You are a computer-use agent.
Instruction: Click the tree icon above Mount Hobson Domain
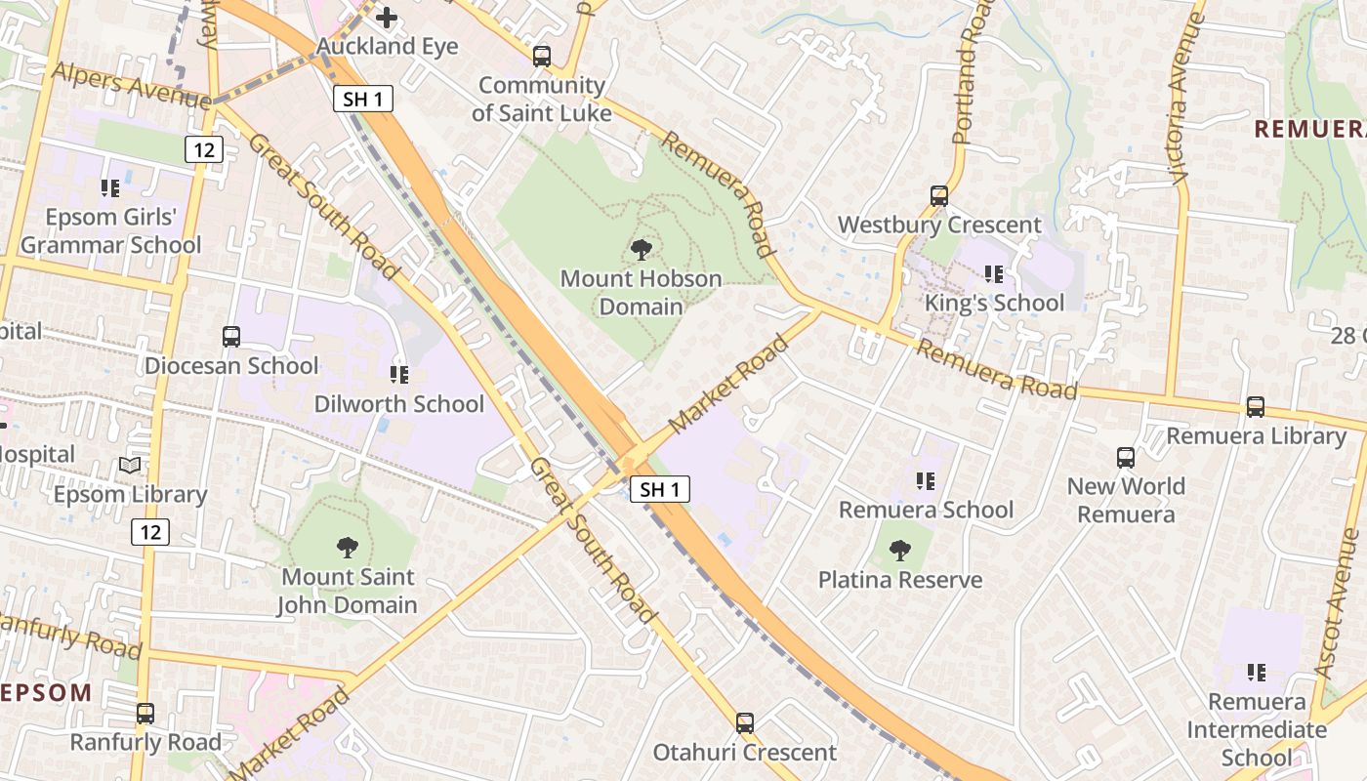[x=642, y=250]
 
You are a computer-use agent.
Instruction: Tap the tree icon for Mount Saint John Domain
[x=347, y=548]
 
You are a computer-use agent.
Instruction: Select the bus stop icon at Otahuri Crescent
[x=745, y=723]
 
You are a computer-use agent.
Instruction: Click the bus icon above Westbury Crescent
[x=939, y=196]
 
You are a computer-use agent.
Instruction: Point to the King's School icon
[x=994, y=274]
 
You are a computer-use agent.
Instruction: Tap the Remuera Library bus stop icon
[x=1256, y=407]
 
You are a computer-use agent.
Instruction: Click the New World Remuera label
[x=1126, y=500]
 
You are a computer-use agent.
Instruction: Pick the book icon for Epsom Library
[x=130, y=466]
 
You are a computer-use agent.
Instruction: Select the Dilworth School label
[x=398, y=404]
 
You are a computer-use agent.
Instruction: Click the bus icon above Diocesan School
[x=231, y=337]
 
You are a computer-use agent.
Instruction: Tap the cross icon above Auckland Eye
[x=388, y=18]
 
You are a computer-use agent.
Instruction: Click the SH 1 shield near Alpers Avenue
[x=363, y=98]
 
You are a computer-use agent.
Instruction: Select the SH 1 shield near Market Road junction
[x=660, y=489]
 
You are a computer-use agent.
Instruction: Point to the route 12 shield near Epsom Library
[x=149, y=532]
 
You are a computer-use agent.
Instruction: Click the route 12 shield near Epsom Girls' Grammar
[x=203, y=149]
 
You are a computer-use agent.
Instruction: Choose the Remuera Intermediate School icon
[x=1256, y=673]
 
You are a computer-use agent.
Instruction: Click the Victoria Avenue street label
[x=1179, y=98]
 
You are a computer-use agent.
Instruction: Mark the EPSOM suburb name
[x=46, y=693]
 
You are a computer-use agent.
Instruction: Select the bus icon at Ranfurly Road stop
[x=145, y=714]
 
